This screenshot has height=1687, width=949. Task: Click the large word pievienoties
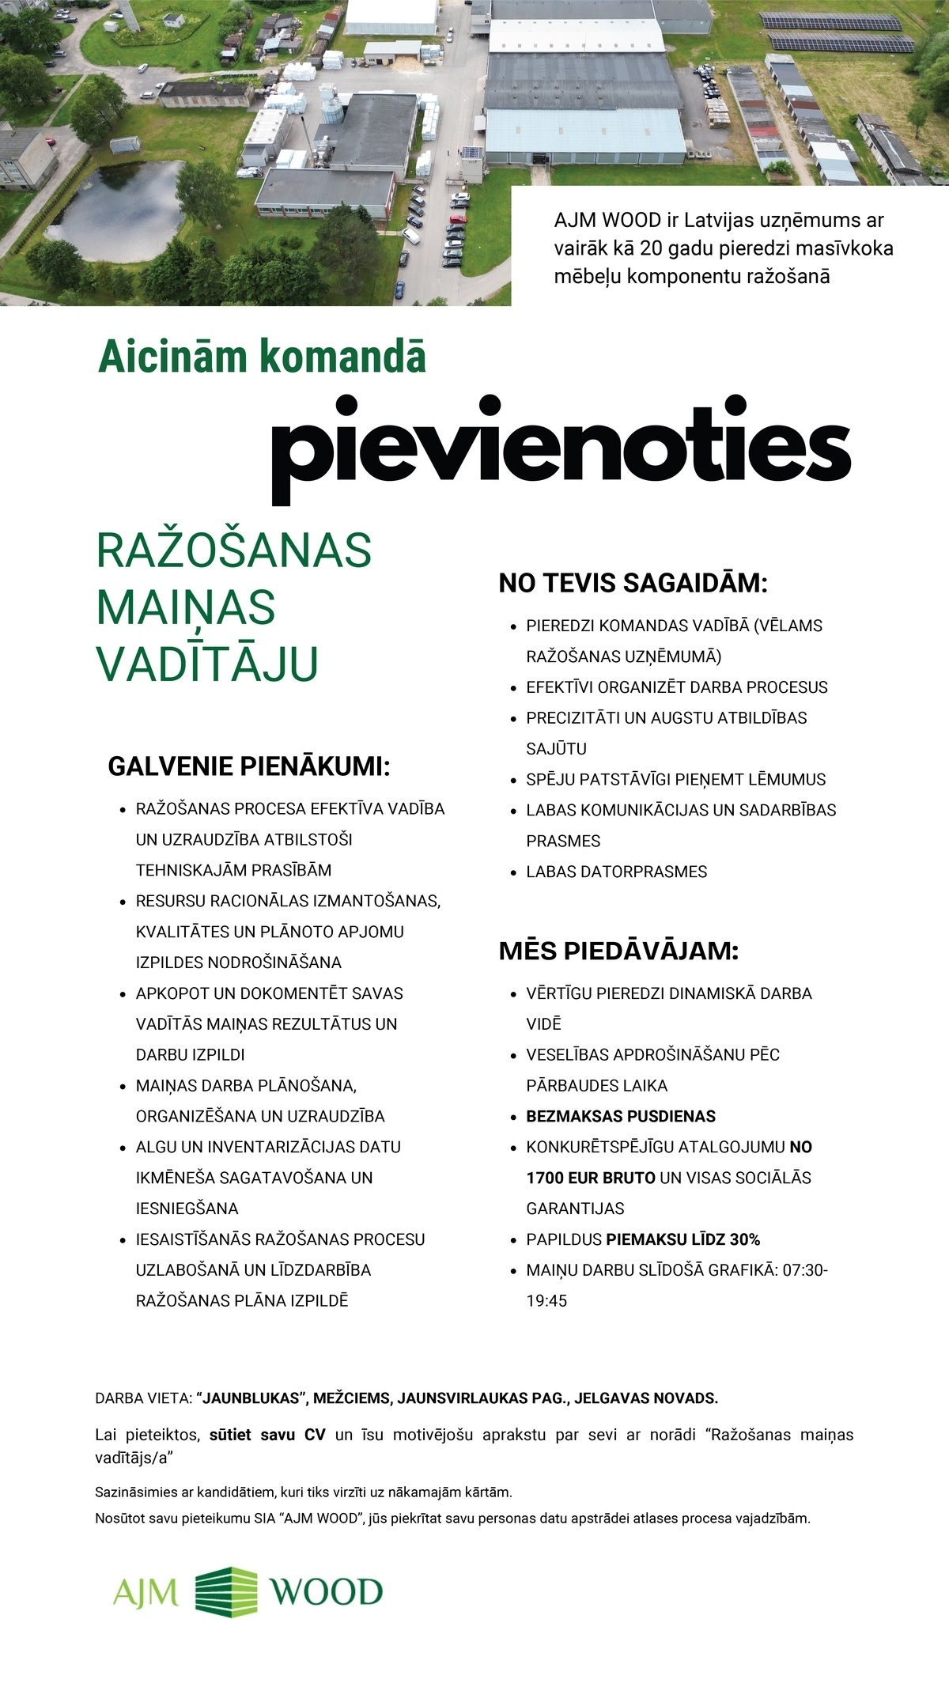(561, 447)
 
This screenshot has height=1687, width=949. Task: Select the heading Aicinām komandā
(262, 357)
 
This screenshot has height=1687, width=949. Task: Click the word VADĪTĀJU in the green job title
(207, 664)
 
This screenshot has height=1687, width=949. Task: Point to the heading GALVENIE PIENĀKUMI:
(249, 766)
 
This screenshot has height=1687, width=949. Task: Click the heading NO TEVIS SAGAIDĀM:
(633, 584)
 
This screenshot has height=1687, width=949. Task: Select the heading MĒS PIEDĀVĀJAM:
(618, 951)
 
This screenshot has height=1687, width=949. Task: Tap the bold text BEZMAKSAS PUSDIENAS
(621, 1116)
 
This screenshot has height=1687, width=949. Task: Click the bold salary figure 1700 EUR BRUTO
(591, 1178)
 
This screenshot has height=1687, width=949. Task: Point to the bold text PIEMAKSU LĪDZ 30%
(682, 1239)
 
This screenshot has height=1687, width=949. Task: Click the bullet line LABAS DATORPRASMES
(617, 872)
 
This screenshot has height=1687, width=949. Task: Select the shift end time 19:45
(546, 1301)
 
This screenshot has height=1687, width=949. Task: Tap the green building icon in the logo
(226, 1591)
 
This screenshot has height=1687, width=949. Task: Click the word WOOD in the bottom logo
(327, 1591)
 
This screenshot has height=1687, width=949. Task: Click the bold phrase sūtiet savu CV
(269, 1435)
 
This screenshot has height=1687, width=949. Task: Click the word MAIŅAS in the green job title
(186, 607)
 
